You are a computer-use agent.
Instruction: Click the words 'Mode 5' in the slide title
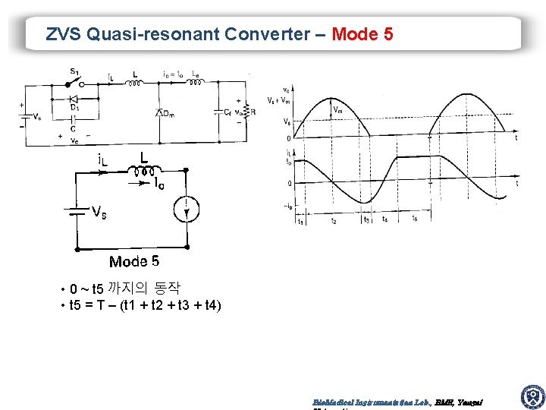362,34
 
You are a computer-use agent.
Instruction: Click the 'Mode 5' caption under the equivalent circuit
134,262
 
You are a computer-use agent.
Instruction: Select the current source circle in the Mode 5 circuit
187,208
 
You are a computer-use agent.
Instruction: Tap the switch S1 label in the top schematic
74,71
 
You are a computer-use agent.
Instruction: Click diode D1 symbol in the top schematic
74,99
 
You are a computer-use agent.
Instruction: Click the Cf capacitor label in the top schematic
227,112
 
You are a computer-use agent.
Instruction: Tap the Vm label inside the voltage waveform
337,109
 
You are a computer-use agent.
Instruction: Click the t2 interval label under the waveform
334,221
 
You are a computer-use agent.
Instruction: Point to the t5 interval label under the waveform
413,219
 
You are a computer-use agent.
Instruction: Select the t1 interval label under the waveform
300,222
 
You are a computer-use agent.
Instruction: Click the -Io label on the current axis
288,207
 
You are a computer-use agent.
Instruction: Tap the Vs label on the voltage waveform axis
285,121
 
